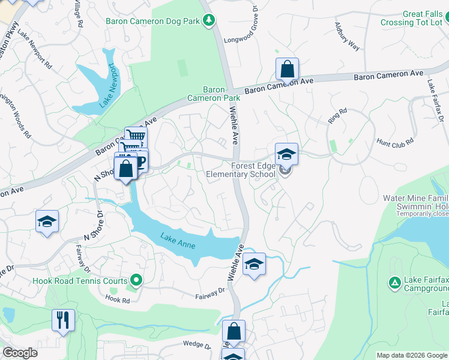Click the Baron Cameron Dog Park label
coord(152,21)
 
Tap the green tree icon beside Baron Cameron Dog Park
coord(209,21)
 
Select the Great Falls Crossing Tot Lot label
coord(414,18)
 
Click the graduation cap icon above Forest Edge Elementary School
coord(286,154)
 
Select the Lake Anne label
coord(178,238)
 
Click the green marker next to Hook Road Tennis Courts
coord(136,280)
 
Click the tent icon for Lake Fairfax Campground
coord(394,282)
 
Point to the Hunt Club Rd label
coord(395,142)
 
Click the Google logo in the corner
coord(20,353)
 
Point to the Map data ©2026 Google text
coord(411,355)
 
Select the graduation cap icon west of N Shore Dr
coord(47,221)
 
